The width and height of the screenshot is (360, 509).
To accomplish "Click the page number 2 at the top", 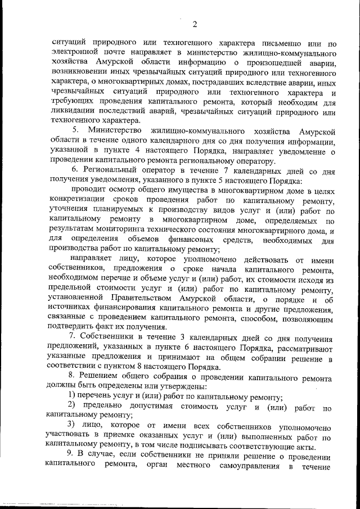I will [194, 23].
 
